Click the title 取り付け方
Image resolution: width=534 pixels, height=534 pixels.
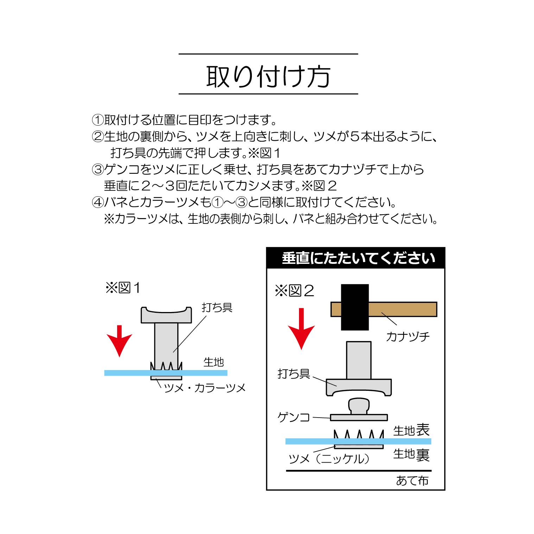268,76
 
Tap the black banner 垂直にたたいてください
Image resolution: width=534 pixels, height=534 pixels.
356,258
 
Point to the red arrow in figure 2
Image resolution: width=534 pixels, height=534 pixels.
301,329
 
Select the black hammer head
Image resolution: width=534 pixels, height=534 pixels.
355,307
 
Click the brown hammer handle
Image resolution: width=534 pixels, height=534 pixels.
402,309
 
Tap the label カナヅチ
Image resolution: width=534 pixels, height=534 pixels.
408,337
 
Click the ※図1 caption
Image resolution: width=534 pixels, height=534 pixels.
123,288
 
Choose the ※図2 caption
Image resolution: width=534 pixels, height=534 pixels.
294,291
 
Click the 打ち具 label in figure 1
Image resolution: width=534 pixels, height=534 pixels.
217,307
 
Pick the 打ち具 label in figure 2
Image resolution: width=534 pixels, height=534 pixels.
293,374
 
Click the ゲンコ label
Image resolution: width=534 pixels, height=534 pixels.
293,417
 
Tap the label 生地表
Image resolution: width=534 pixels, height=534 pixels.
411,430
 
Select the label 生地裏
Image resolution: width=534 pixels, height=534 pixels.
411,454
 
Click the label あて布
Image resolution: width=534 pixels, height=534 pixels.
412,481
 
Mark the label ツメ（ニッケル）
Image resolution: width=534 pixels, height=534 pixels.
329,459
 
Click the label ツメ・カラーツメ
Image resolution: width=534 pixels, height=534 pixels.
205,388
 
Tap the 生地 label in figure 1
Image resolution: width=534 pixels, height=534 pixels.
214,362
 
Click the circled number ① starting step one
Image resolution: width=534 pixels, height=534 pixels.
97,120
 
